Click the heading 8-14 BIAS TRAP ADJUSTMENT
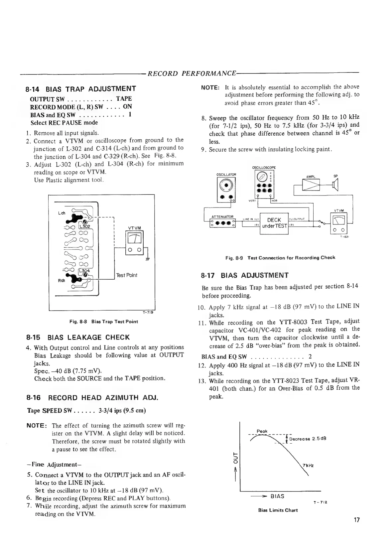pos(81,88)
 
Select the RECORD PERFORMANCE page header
pos(192,73)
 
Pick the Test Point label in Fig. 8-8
pos(126,275)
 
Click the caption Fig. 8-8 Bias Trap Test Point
pos(104,322)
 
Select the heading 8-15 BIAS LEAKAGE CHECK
pos(78,337)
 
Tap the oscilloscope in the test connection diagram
pos(265,184)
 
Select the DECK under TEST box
pos(274,223)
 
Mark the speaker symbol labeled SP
pos(335,185)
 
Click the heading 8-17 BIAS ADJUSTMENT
pos(245,275)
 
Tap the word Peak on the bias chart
pos(262,431)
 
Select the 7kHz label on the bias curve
pos(308,465)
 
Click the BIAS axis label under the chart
pos(277,496)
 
